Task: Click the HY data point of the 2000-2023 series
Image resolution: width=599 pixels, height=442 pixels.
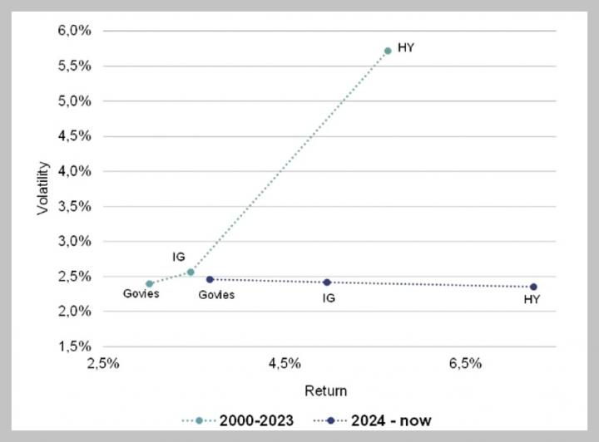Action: [x=388, y=51]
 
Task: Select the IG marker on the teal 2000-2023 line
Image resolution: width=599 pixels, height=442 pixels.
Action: [x=191, y=272]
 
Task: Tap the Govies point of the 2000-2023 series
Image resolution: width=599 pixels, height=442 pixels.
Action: [x=150, y=283]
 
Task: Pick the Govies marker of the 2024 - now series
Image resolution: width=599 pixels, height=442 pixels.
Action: [x=210, y=279]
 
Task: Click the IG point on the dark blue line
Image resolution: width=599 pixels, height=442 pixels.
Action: [x=327, y=282]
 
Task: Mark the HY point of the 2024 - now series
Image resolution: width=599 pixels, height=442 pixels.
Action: [x=533, y=287]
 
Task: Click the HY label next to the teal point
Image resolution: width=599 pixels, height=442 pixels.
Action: [x=406, y=47]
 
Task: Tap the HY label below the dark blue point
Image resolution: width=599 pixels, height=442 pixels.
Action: [x=532, y=300]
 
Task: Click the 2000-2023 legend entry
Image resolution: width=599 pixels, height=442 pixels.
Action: [x=238, y=420]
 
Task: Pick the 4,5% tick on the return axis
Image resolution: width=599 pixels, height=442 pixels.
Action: [x=285, y=364]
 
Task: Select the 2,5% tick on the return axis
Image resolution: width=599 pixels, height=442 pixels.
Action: [x=104, y=364]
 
